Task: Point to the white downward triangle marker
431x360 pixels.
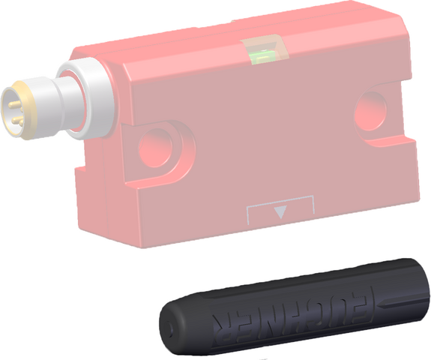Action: coord(280,211)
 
